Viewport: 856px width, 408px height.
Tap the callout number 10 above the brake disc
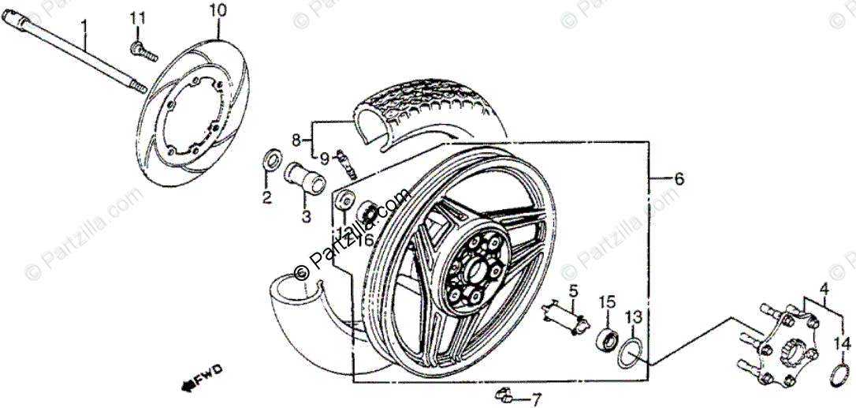coord(218,11)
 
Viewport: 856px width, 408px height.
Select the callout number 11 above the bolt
coord(138,17)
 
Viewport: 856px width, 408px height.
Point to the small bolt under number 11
coord(143,50)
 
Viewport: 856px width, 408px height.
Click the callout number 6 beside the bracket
coord(679,179)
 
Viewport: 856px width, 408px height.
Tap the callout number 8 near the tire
coord(296,140)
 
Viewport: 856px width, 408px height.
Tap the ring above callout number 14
coord(841,376)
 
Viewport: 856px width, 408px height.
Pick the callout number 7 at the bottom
coord(536,400)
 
